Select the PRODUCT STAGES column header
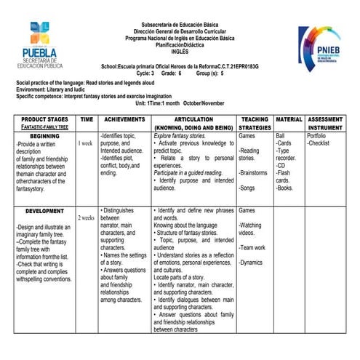pyautogui.click(x=44, y=119)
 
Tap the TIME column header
pyautogui.click(x=86, y=119)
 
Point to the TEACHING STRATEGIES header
pyautogui.click(x=255, y=123)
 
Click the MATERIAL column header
pyautogui.click(x=289, y=119)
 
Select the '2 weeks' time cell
pyautogui.click(x=86, y=217)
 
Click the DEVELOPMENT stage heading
pyautogui.click(x=44, y=211)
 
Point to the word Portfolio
pyautogui.click(x=317, y=136)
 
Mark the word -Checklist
pyautogui.click(x=320, y=143)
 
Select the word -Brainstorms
pyautogui.click(x=255, y=173)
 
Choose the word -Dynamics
pyautogui.click(x=252, y=263)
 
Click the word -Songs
pyautogui.click(x=248, y=188)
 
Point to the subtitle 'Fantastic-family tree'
pyautogui.click(x=44, y=127)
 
